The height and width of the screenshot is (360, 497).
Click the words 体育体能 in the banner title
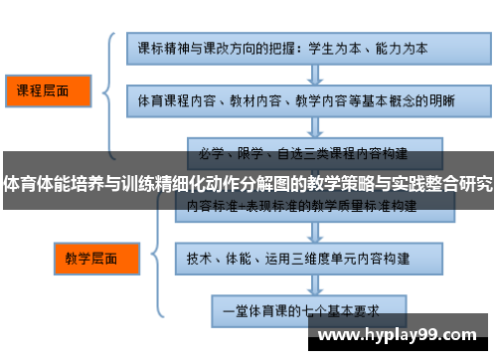(x=35, y=184)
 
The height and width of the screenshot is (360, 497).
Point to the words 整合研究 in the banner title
(x=460, y=184)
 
